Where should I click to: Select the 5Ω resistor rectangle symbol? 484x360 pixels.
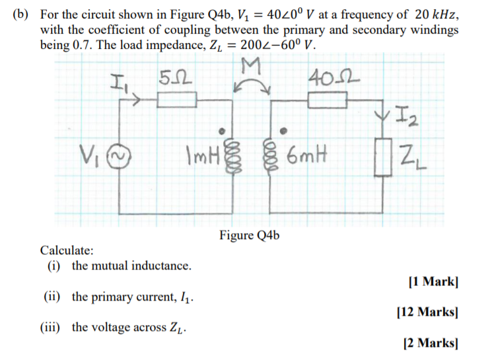click(176, 100)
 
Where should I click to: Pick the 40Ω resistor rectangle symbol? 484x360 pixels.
click(328, 100)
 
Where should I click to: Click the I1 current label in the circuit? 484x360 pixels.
click(121, 83)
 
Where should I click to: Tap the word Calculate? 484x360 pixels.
click(67, 250)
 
